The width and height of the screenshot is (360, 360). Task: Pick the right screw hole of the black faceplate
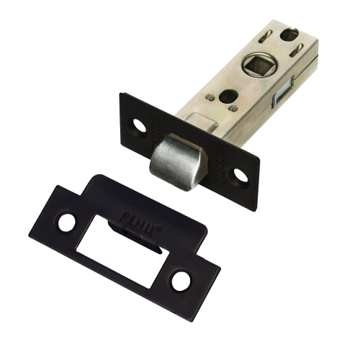[x=235, y=174]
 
